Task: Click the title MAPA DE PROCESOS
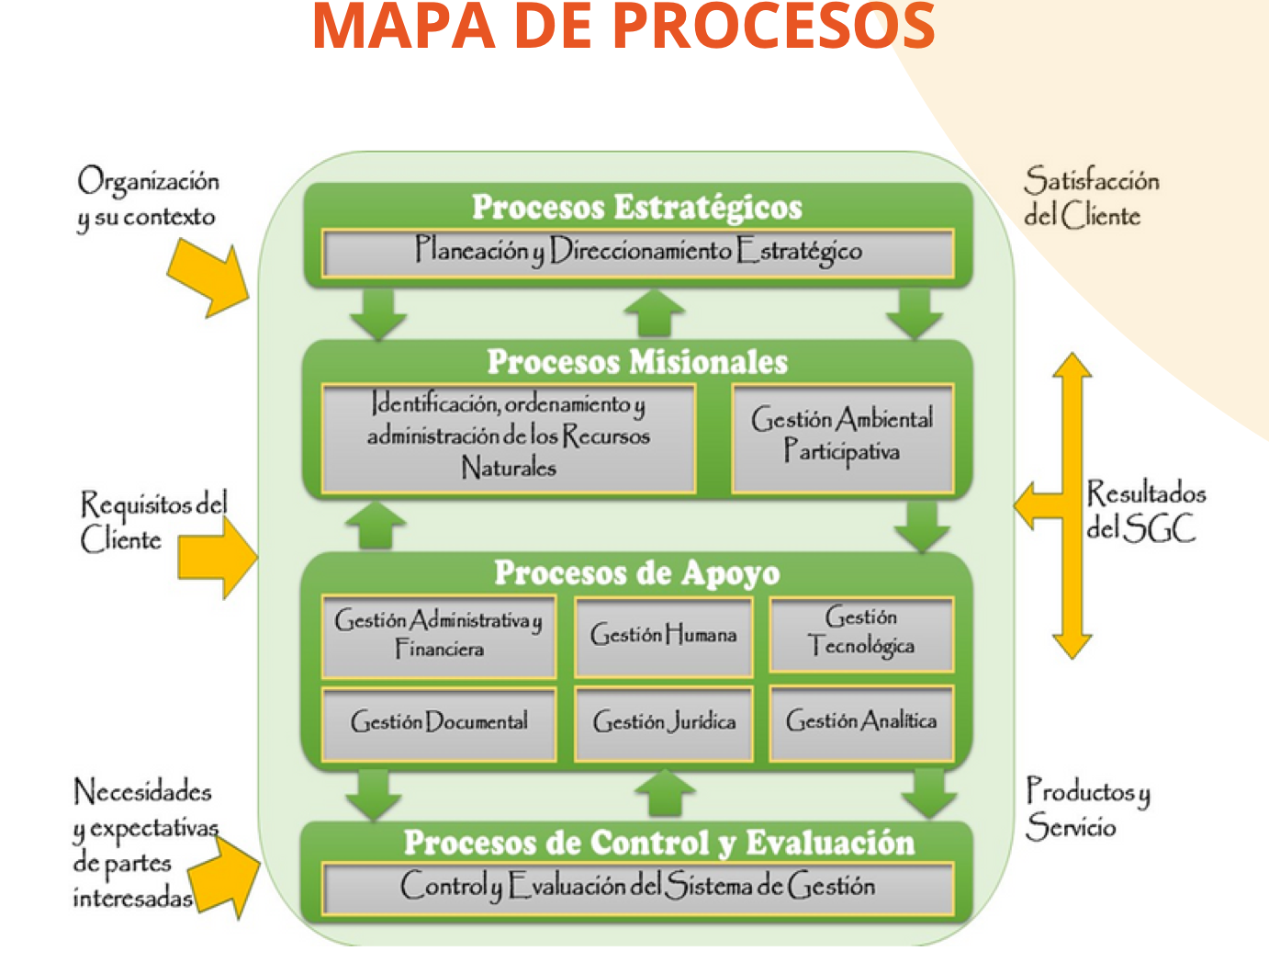click(x=623, y=28)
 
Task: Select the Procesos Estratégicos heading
click(x=636, y=207)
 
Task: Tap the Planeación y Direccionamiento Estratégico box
click(x=637, y=253)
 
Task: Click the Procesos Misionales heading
click(x=636, y=362)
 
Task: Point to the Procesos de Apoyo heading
click(x=636, y=572)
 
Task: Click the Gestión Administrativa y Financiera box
click(x=439, y=636)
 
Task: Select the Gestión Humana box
click(x=663, y=636)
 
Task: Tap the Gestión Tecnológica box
click(x=861, y=633)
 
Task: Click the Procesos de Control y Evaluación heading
click(x=658, y=843)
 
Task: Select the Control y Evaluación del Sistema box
click(x=637, y=887)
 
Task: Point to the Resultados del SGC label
click(x=1144, y=511)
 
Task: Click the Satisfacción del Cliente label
click(x=1090, y=198)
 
